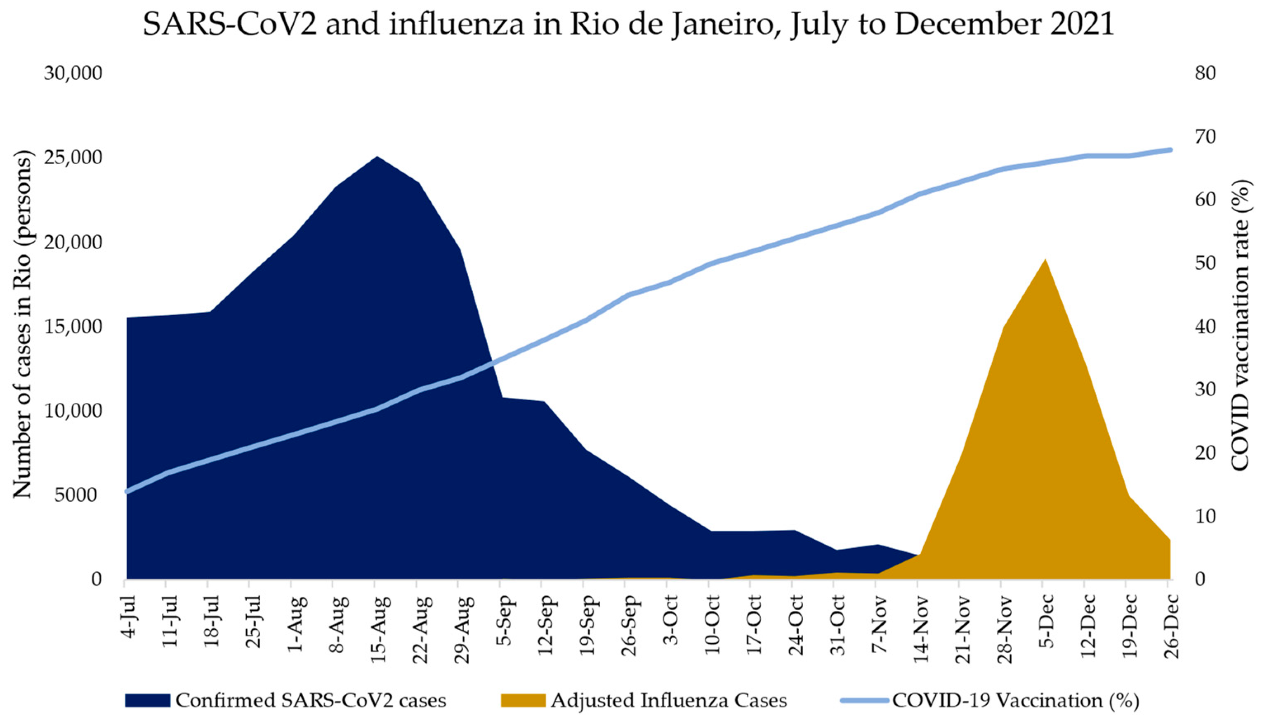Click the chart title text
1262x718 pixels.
tap(629, 25)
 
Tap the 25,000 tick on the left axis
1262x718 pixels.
tap(73, 157)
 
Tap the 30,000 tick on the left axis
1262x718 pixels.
tap(73, 73)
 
